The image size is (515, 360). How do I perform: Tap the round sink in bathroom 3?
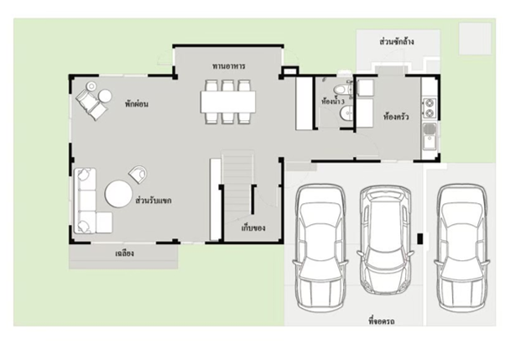tap(346, 113)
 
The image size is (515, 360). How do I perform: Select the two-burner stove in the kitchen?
tap(429, 108)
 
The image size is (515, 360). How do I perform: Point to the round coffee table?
tap(118, 194)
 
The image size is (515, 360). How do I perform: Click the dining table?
tap(228, 102)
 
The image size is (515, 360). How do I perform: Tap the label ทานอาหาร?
tap(229, 66)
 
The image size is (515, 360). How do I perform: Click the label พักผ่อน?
tap(137, 104)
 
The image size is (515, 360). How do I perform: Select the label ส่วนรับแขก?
tap(153, 201)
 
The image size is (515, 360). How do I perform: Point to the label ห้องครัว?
tap(396, 117)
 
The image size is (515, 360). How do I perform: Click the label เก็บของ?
tap(253, 228)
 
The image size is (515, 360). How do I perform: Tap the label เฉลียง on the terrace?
tap(124, 253)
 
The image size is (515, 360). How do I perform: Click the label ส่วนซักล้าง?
tap(397, 42)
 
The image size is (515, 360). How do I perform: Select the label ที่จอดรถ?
tap(382, 321)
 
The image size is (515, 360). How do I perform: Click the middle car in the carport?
tap(386, 239)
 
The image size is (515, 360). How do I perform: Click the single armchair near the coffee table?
tap(138, 174)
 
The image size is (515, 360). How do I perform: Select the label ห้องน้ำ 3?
tap(332, 102)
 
